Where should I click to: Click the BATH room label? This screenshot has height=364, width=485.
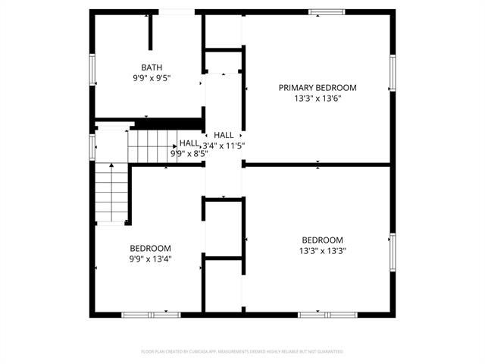point(151,67)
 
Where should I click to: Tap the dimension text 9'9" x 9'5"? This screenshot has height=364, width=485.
point(151,77)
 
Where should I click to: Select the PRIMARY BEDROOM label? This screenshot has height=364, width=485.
point(317,88)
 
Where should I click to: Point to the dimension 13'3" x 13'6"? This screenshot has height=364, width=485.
point(317,99)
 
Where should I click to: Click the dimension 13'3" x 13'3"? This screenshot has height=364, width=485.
point(323,250)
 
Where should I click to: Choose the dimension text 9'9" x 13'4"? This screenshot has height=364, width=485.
point(150,259)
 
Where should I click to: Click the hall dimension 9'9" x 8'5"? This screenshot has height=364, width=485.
point(189,153)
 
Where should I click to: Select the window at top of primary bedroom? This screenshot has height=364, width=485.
point(326,11)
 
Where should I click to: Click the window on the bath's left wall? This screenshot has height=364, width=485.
point(92,69)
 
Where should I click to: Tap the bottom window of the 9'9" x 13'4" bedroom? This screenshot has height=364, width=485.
point(150,314)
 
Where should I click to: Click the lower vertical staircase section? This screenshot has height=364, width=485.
point(111,193)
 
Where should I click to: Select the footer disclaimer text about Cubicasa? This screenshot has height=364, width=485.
point(242,352)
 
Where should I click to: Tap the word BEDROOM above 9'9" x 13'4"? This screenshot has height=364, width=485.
point(150,248)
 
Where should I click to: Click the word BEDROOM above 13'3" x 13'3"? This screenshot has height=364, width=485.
point(323,240)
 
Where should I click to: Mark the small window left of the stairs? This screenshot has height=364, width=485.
point(92,145)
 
